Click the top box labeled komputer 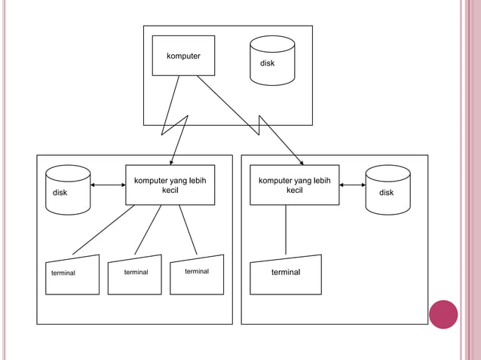(x=183, y=56)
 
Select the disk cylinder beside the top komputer (x=271, y=60)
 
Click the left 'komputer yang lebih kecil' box (x=170, y=185)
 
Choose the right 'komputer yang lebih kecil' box (x=295, y=185)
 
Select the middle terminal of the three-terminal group (x=136, y=276)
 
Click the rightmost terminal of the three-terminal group (x=198, y=276)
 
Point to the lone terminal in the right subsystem (x=286, y=274)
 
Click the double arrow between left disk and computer (x=108, y=185)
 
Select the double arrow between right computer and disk (x=352, y=185)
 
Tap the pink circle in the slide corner (x=443, y=314)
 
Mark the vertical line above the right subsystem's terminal (x=286, y=230)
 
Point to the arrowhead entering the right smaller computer (x=301, y=161)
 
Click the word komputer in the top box (x=183, y=56)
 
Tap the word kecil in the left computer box (x=170, y=191)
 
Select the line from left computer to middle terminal (x=148, y=230)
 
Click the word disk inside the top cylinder (x=268, y=63)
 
